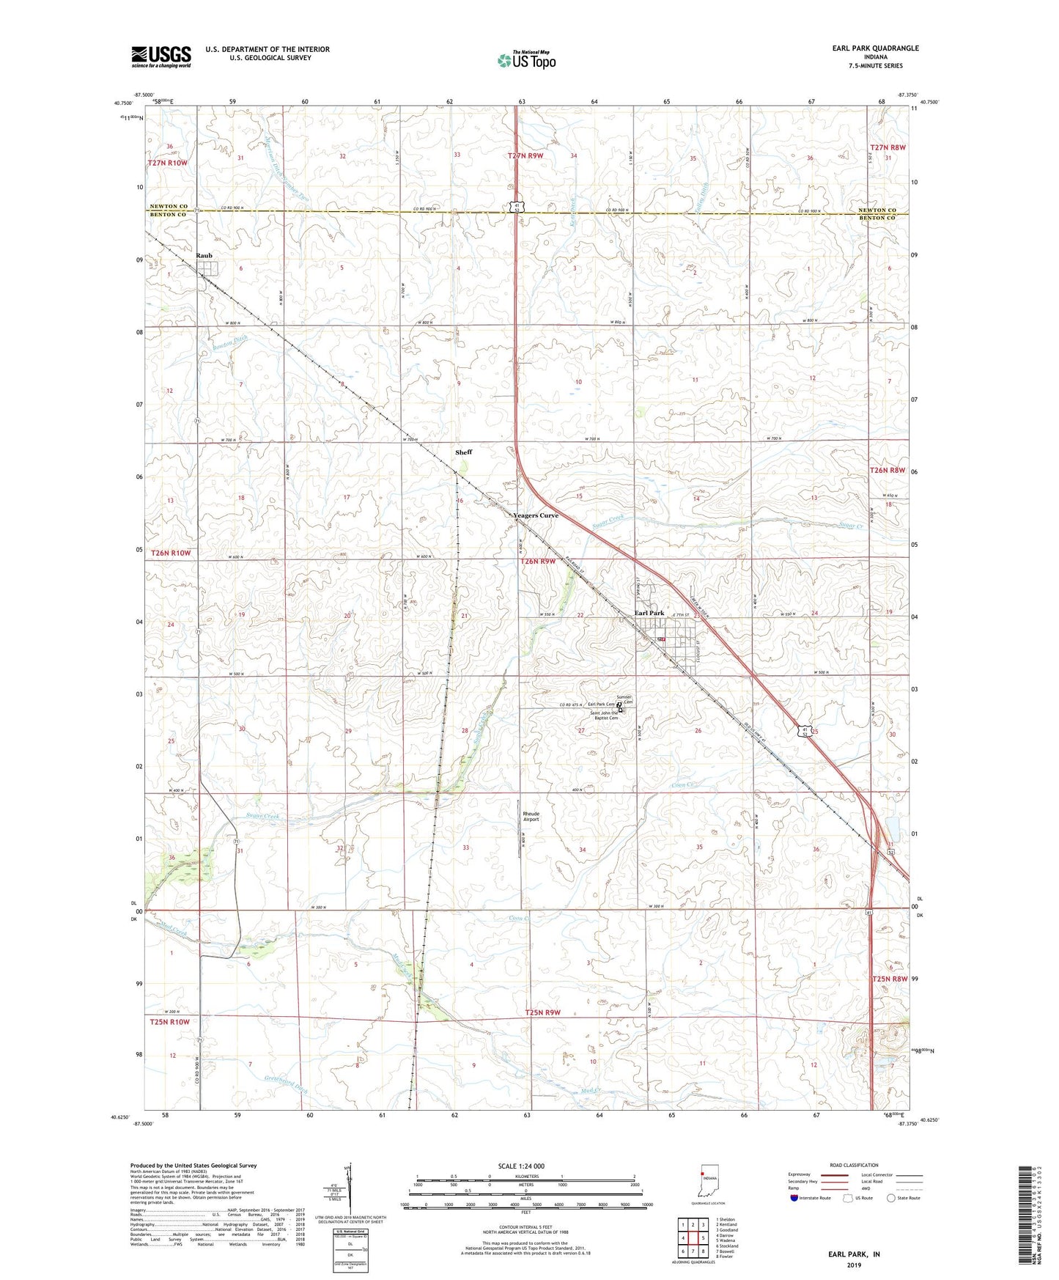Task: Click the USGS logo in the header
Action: [161, 56]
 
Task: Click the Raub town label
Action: [204, 255]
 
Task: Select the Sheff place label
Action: [463, 452]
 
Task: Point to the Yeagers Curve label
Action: [536, 515]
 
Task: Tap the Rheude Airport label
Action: [531, 817]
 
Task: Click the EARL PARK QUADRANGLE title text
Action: [875, 48]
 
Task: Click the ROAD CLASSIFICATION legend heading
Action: [853, 1165]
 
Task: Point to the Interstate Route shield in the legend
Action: [794, 1198]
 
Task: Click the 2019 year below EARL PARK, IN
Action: [853, 1265]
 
